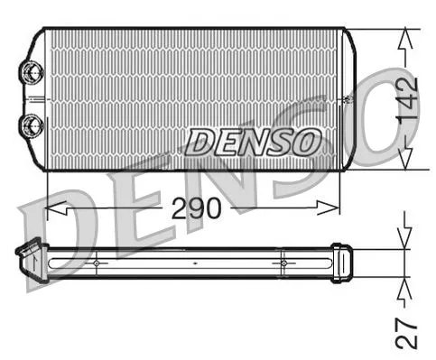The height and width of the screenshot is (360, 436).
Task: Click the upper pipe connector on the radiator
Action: (x=32, y=70)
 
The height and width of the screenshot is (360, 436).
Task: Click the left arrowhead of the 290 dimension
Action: (x=52, y=209)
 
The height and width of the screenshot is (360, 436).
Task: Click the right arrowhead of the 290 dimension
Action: (x=333, y=209)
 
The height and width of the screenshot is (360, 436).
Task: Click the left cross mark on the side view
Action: (x=96, y=263)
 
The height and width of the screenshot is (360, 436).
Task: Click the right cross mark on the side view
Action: (x=283, y=263)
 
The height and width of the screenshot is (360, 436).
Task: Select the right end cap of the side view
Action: (x=340, y=263)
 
